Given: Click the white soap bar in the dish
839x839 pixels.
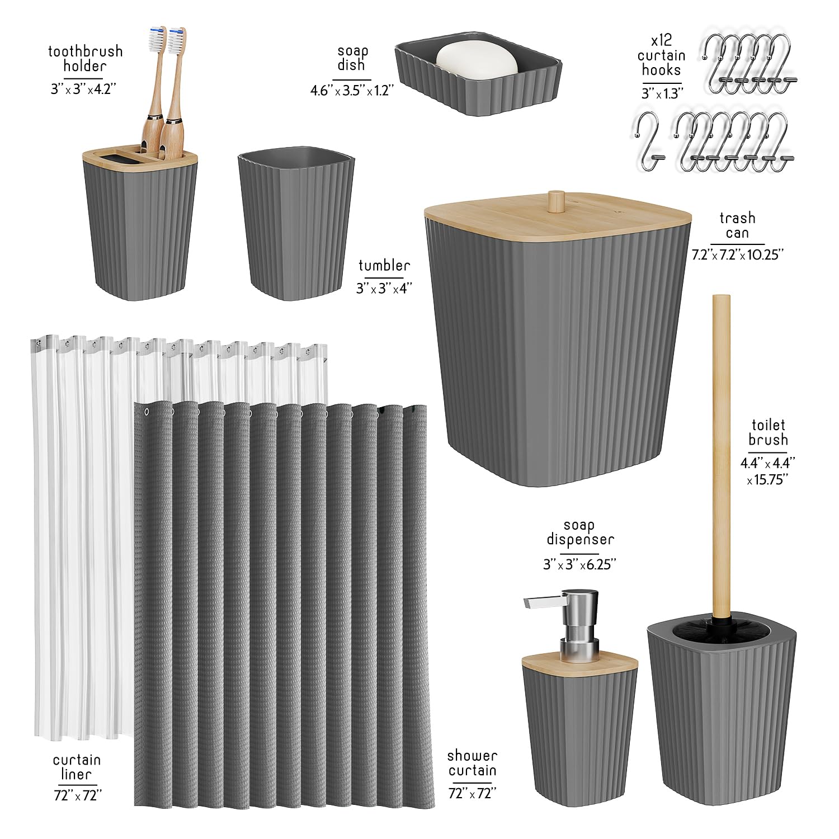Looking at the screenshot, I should click(477, 61).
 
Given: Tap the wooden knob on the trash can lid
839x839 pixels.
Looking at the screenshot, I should click(556, 201).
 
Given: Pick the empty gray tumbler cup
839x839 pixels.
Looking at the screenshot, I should click(296, 224).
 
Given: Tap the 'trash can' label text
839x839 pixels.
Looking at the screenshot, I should click(737, 225).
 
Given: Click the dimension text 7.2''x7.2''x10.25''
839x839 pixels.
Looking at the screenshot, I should click(737, 254).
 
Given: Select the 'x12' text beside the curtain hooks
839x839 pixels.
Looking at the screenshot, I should click(661, 40).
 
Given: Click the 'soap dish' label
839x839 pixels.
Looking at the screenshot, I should click(352, 58).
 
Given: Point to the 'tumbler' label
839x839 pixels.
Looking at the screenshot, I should click(384, 265).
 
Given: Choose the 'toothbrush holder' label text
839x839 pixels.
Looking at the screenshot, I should click(85, 59).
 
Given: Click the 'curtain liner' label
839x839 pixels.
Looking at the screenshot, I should click(77, 767).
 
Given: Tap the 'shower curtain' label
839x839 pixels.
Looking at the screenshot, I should click(472, 763).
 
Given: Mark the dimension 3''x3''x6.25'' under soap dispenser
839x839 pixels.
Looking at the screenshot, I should click(579, 565).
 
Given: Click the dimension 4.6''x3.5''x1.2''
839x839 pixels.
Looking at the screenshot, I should click(352, 89).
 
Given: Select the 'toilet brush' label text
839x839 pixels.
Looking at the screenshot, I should click(768, 432).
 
